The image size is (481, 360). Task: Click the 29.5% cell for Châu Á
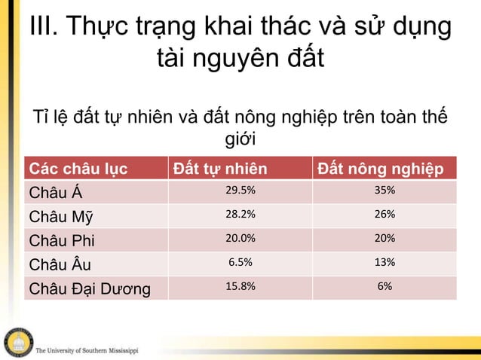[240, 191]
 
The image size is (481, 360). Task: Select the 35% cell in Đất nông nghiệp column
[384, 191]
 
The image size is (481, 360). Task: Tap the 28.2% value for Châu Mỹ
[240, 215]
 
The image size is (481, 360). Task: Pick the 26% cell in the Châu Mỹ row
[384, 215]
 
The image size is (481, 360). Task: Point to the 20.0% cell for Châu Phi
[240, 239]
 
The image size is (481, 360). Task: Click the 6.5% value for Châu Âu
[240, 263]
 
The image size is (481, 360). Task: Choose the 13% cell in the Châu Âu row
[384, 263]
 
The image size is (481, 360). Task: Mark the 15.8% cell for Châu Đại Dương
[240, 287]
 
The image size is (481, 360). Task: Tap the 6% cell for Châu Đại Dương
[384, 287]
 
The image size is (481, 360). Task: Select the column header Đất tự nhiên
[219, 167]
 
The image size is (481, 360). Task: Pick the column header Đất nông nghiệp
[385, 167]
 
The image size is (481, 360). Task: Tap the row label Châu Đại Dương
[88, 288]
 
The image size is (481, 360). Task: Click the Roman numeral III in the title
[41, 27]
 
